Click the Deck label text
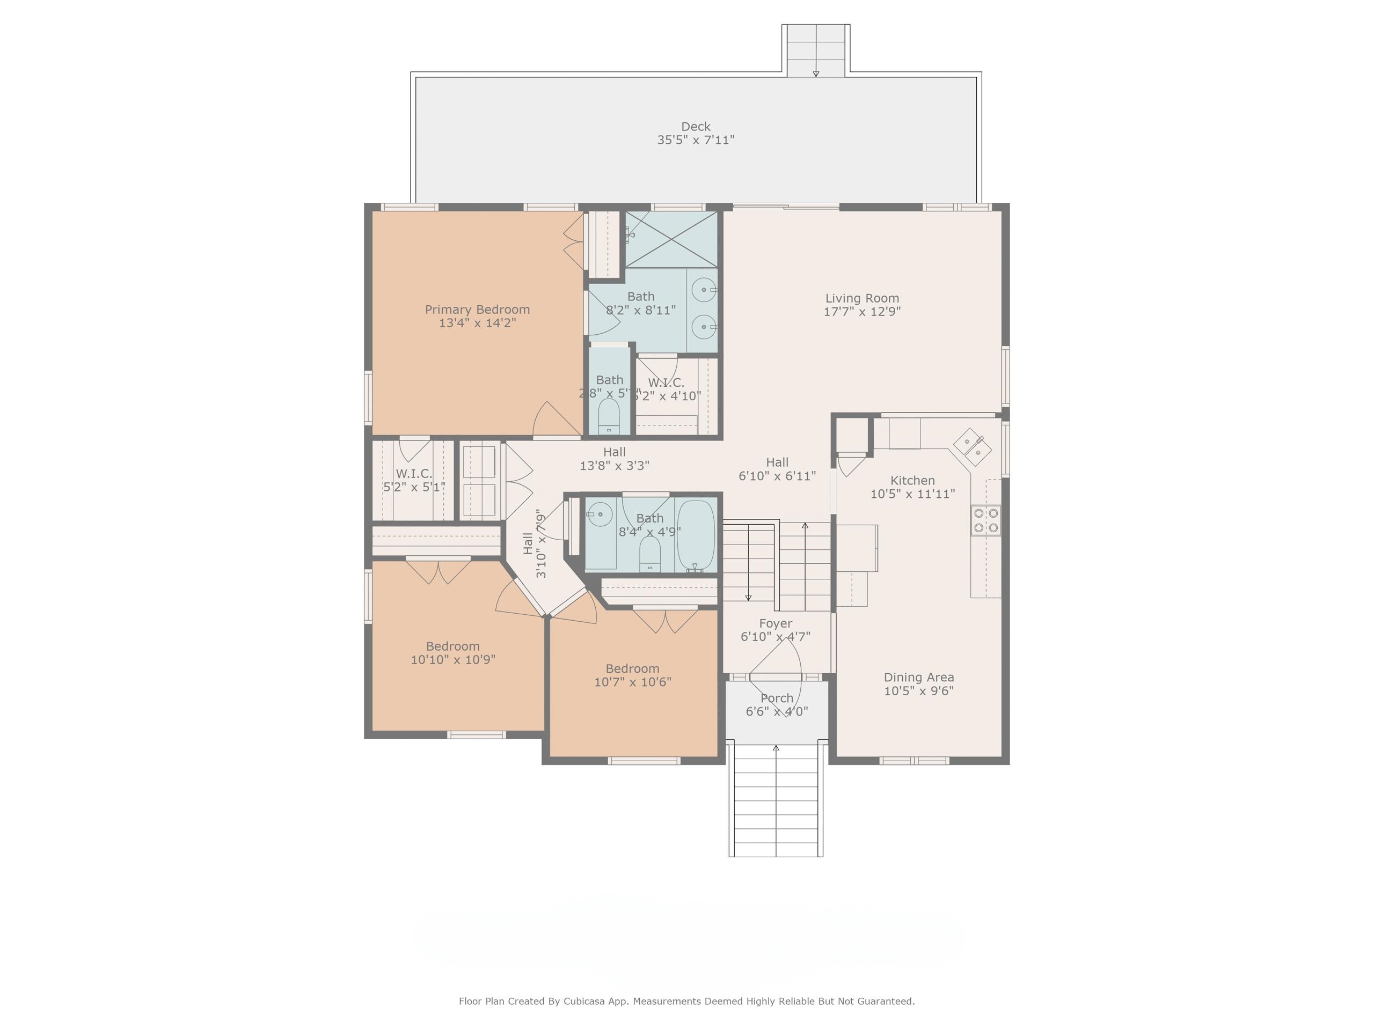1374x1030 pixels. tap(695, 127)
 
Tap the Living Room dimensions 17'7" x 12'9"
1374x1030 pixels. tap(861, 312)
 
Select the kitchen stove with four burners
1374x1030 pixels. tap(986, 520)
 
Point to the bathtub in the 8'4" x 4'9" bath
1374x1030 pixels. tap(695, 535)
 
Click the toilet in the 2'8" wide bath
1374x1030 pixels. tap(609, 416)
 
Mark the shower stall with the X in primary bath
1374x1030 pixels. tap(671, 239)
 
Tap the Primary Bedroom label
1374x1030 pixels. tap(477, 309)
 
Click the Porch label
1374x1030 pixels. tap(777, 698)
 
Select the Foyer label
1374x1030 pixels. tap(775, 623)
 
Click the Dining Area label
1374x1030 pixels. tap(918, 678)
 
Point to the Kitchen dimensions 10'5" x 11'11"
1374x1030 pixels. tap(912, 494)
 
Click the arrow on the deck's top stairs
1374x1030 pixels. tap(816, 72)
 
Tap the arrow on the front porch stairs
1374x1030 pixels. tap(775, 749)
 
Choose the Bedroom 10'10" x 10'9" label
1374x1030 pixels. tap(452, 646)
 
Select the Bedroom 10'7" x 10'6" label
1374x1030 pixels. tap(632, 668)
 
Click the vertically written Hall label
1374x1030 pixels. tap(528, 543)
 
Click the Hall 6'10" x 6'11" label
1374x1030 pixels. tap(777, 462)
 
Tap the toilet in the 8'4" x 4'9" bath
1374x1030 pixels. tap(650, 554)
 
